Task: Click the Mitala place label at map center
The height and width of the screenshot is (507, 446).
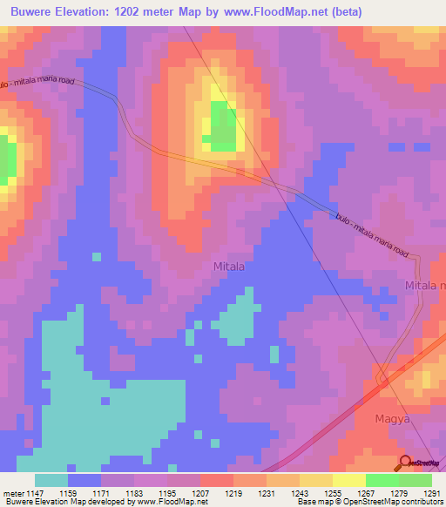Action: [x=229, y=267]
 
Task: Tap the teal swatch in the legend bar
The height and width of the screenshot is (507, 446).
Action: [x=51, y=480]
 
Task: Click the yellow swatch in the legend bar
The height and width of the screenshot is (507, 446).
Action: [x=348, y=480]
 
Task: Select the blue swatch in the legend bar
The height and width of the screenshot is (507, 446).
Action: [x=84, y=480]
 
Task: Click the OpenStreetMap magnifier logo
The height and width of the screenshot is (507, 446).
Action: [x=404, y=463]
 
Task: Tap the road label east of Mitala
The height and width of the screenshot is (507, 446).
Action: [x=370, y=235]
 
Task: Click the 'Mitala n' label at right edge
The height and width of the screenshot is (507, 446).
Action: [x=425, y=286]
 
